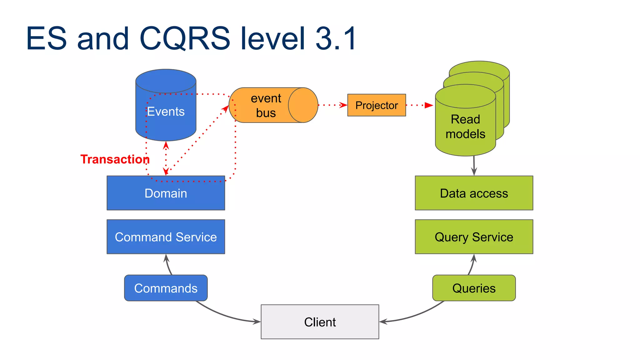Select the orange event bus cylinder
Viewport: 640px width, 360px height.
pyautogui.click(x=266, y=105)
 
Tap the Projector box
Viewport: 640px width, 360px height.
pyautogui.click(x=377, y=105)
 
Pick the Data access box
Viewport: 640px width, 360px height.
pyautogui.click(x=474, y=193)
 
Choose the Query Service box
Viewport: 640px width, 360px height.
pyautogui.click(x=474, y=237)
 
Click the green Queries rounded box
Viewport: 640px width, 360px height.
pyautogui.click(x=474, y=288)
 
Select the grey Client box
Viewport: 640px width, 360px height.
pyautogui.click(x=320, y=322)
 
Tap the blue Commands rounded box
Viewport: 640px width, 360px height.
pyautogui.click(x=166, y=288)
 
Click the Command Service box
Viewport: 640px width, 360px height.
pyautogui.click(x=166, y=237)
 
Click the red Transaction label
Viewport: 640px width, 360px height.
pyautogui.click(x=115, y=159)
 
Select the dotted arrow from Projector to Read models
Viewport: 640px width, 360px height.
pyautogui.click(x=419, y=105)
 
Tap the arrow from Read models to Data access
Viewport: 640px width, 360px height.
pyautogui.click(x=474, y=166)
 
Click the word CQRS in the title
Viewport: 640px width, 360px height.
pyautogui.click(x=184, y=38)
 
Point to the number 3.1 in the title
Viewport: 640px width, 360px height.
pyautogui.click(x=336, y=38)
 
